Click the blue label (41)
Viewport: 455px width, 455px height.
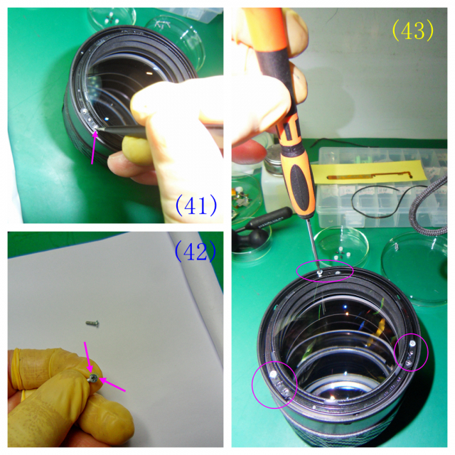click(196, 205)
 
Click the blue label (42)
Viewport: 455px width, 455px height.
click(195, 251)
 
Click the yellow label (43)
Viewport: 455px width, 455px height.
click(413, 31)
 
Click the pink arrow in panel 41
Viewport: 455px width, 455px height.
click(94, 147)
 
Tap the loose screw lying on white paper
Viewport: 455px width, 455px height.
click(93, 323)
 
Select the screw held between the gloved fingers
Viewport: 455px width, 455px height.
click(94, 378)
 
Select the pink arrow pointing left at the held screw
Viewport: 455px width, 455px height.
click(112, 384)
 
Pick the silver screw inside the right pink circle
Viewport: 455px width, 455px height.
click(413, 343)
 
